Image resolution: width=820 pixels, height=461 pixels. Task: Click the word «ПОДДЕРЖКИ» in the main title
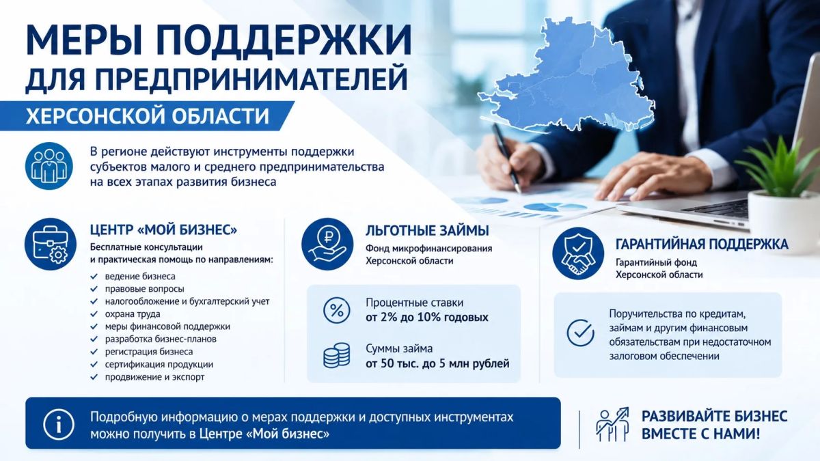point(285,39)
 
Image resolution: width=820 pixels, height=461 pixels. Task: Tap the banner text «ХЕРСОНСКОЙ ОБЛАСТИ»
point(148,116)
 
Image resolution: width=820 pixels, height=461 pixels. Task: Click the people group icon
point(49,166)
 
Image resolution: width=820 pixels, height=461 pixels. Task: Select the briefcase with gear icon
point(51,244)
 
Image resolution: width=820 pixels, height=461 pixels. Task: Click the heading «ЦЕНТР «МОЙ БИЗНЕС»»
point(163,229)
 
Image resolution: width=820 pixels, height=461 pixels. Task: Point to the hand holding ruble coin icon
point(327,244)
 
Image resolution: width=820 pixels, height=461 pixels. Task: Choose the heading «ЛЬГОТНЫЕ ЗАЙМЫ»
point(427,231)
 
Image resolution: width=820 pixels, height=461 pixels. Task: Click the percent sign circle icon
point(337,310)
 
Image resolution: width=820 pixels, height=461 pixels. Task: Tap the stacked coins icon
point(336,355)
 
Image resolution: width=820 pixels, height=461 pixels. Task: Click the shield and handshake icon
point(578,253)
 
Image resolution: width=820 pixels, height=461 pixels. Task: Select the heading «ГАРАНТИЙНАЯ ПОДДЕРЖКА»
point(702,245)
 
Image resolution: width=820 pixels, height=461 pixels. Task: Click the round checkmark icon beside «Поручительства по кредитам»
point(580,333)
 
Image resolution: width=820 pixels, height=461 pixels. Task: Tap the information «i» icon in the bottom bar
point(59,424)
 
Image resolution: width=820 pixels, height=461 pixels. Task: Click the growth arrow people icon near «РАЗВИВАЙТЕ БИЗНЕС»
point(612,424)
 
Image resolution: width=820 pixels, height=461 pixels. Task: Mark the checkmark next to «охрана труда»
point(94,314)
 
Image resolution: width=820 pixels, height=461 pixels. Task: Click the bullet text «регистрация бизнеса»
point(149,352)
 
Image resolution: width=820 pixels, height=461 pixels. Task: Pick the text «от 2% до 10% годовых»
point(427,317)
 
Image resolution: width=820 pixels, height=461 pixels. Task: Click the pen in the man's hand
point(507,158)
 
